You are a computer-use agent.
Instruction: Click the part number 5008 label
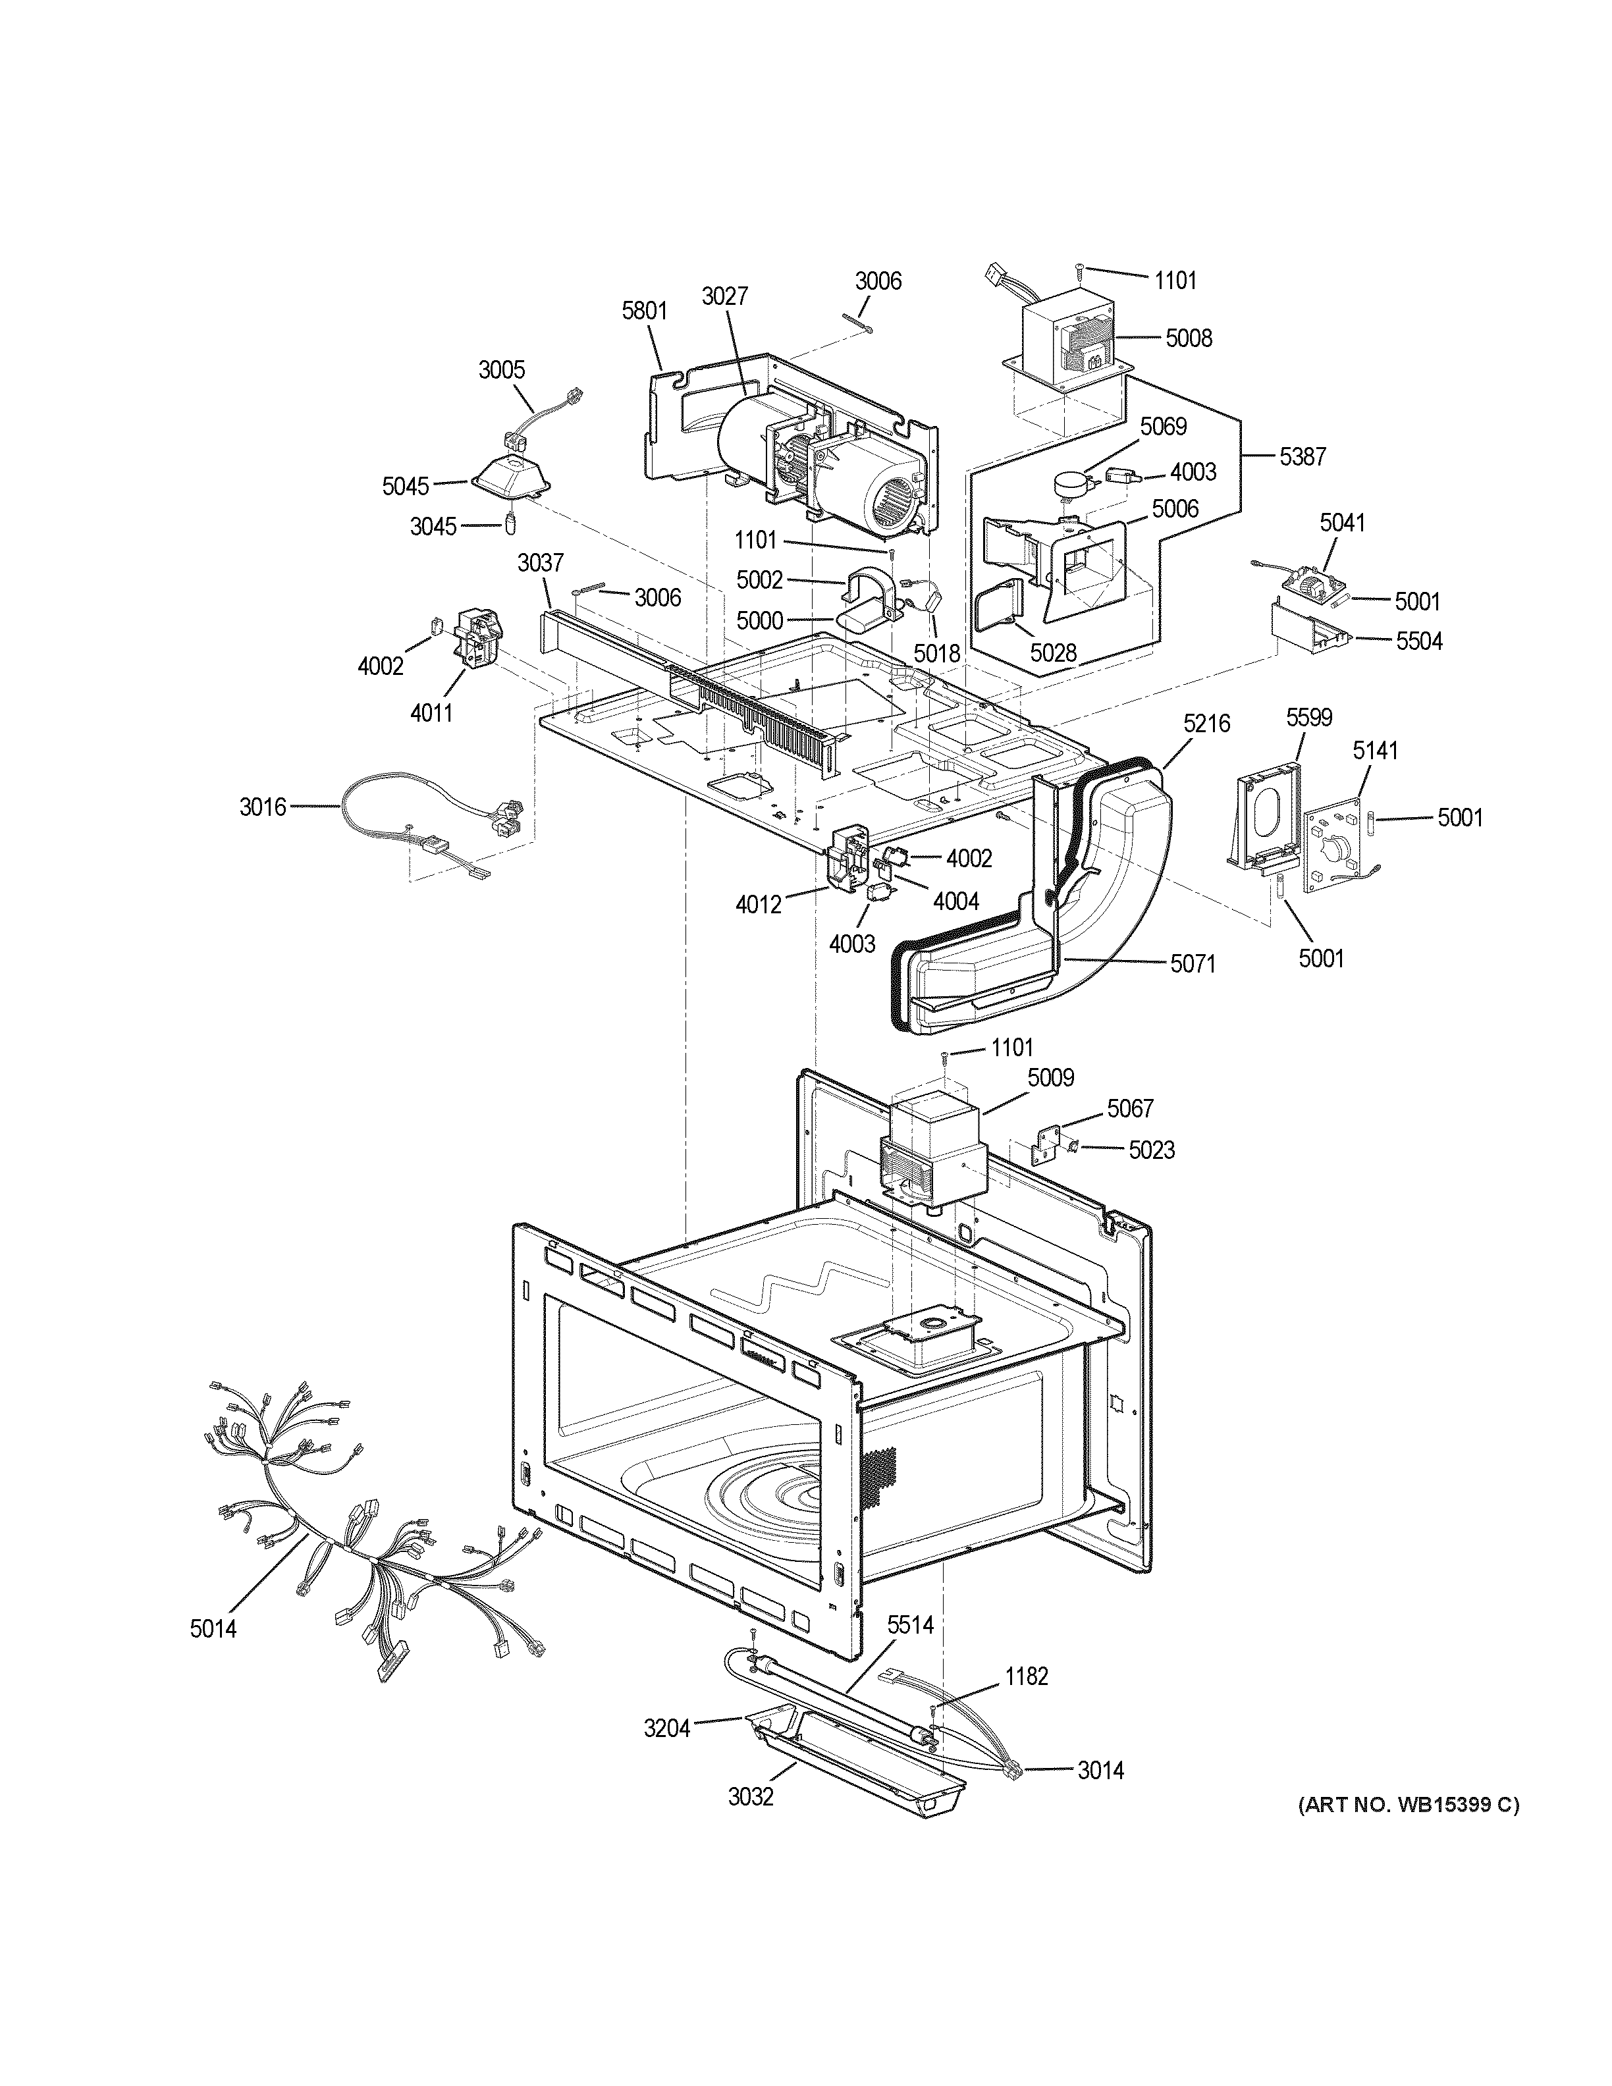click(x=1188, y=338)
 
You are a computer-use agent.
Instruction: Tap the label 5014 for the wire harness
click(x=213, y=1628)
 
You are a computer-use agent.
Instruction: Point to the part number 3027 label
click(x=725, y=296)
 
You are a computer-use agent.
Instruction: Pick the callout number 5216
click(x=1206, y=725)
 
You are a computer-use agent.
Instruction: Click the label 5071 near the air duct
click(x=1193, y=964)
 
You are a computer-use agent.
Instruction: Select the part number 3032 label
click(x=749, y=1796)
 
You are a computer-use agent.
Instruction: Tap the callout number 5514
click(x=910, y=1624)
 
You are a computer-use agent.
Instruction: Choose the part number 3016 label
click(x=263, y=807)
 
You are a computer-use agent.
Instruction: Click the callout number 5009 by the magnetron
click(x=1050, y=1077)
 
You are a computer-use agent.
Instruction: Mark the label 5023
click(x=1151, y=1150)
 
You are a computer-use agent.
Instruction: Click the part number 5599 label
click(x=1308, y=717)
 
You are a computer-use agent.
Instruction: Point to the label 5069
click(x=1163, y=426)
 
